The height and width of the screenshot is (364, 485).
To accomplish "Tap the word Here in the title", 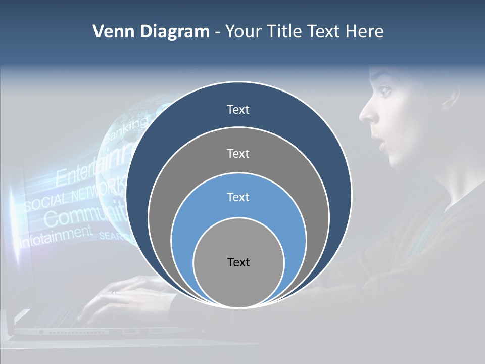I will tap(364, 31).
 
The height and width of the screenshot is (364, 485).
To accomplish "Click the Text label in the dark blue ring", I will tap(238, 110).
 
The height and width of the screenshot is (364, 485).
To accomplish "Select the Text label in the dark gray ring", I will tap(238, 153).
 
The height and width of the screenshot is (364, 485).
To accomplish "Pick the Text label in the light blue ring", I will tap(238, 197).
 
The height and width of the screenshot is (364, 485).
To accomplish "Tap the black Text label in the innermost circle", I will tap(238, 262).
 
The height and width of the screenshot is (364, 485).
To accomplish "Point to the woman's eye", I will tap(385, 91).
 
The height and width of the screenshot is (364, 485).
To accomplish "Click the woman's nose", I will tap(368, 114).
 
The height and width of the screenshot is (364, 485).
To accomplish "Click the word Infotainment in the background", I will tap(56, 236).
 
